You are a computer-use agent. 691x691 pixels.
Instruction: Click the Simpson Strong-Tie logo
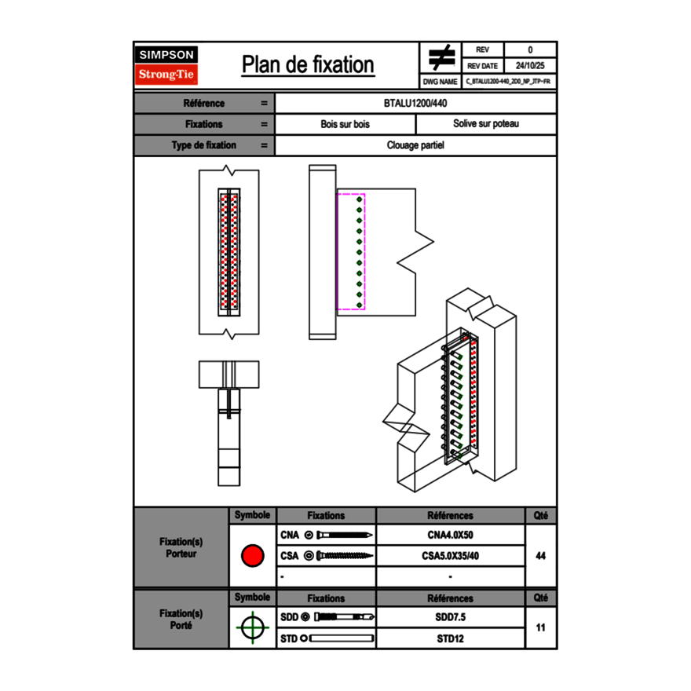[166, 65]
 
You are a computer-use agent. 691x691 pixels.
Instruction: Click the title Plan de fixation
[308, 65]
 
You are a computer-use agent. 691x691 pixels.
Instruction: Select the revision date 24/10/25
[529, 66]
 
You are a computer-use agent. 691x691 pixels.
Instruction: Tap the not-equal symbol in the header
[441, 58]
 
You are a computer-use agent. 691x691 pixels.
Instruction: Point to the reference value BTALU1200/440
[415, 104]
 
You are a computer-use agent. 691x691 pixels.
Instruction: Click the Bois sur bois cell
[345, 124]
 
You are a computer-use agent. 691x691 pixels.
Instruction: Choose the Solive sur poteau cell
[485, 124]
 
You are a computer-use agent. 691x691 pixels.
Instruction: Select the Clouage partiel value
[415, 145]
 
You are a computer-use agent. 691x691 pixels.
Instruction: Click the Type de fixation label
[203, 145]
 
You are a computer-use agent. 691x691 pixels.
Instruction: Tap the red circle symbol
[252, 556]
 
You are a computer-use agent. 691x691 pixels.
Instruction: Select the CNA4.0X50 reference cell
[450, 536]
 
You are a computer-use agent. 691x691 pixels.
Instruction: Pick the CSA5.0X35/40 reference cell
[450, 556]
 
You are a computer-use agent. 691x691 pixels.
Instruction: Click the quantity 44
[540, 556]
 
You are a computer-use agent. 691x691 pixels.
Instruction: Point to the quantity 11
[540, 627]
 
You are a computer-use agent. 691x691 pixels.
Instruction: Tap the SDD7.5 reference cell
[450, 617]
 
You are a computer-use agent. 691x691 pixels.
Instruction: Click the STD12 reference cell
[450, 638]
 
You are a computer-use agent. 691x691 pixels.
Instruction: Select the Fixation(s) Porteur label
[181, 547]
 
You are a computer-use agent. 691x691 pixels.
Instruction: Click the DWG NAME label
[440, 82]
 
